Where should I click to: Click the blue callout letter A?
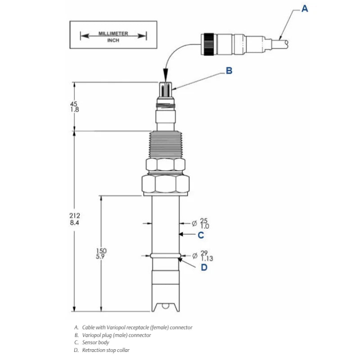click(x=305, y=8)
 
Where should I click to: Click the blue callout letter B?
click(x=229, y=71)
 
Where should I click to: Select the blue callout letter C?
click(x=201, y=235)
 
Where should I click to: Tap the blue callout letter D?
click(x=204, y=267)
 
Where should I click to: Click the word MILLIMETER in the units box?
click(x=113, y=34)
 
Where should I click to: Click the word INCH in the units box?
click(x=113, y=40)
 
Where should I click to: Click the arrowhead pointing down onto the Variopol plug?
click(x=165, y=76)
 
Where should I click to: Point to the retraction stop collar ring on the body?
click(x=165, y=256)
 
